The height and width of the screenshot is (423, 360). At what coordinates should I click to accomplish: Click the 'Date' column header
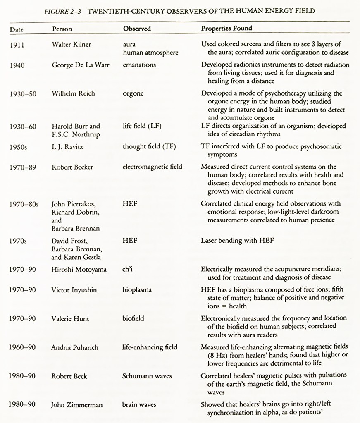[x=16, y=29]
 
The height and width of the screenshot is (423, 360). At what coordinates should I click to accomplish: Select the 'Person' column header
[x=62, y=29]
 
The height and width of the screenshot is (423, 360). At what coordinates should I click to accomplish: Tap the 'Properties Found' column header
[x=226, y=29]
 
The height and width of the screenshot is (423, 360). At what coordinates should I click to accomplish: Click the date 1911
[x=17, y=45]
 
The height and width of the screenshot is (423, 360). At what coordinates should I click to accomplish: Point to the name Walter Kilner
[x=72, y=44]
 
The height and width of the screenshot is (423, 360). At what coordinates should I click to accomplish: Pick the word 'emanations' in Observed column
[x=139, y=65]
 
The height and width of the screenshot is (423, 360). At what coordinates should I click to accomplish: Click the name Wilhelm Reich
[x=73, y=93]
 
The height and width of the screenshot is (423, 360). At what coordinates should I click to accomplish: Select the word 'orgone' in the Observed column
[x=133, y=93]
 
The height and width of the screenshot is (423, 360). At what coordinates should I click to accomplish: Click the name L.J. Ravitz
[x=66, y=147]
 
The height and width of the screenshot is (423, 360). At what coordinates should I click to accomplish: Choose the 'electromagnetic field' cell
[x=152, y=167]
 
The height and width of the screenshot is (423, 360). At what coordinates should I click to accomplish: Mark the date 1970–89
[x=23, y=167]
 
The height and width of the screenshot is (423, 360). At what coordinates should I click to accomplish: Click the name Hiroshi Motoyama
[x=79, y=269]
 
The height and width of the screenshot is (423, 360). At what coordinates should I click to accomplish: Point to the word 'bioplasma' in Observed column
[x=137, y=290]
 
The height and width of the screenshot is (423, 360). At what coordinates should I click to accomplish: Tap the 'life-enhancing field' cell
[x=150, y=347]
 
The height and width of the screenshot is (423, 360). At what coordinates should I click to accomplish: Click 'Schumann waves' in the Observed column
[x=147, y=376]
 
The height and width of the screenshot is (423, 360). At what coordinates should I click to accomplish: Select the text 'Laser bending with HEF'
[x=237, y=241]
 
